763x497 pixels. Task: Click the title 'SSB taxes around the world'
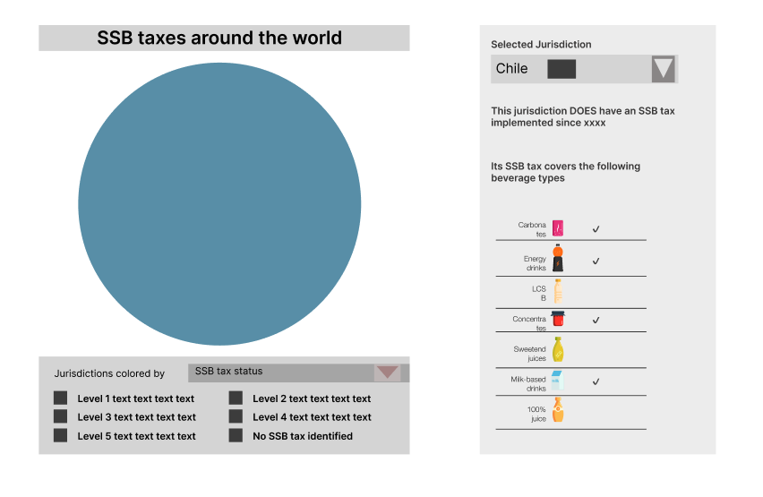[x=219, y=39]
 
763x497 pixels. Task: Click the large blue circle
[x=219, y=204]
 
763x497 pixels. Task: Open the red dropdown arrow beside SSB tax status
[x=387, y=373]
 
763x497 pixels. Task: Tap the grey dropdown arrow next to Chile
[x=663, y=69]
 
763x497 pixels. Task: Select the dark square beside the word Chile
[x=562, y=69]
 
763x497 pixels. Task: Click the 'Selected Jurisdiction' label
[x=541, y=45]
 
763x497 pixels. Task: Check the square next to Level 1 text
[x=60, y=398]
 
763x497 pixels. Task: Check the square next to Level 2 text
[x=236, y=398]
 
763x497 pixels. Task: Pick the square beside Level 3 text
[x=60, y=416]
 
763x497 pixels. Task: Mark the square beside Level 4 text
[x=236, y=416]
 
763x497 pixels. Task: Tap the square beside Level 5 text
[x=60, y=435]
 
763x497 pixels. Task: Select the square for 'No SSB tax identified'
[x=236, y=435]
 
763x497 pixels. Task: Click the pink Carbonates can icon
[x=558, y=228]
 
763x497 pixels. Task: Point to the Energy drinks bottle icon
[x=558, y=258]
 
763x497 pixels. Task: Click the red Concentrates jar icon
[x=558, y=319]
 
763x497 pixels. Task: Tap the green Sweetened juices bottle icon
[x=558, y=349]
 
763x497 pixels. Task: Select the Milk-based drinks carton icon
[x=557, y=381]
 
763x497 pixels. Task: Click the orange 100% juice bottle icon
[x=558, y=410]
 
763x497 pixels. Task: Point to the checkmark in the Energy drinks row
[x=596, y=261]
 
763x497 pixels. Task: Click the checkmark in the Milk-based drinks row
[x=596, y=381]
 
